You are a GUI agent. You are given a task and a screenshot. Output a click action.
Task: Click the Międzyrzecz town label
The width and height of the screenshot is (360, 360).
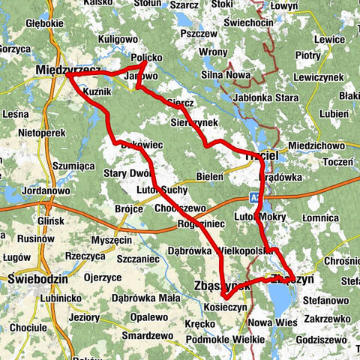[67, 70]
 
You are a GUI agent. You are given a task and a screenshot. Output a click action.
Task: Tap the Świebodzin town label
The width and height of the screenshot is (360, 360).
[33, 277]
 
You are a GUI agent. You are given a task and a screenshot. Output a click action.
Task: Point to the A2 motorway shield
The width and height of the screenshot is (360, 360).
[256, 197]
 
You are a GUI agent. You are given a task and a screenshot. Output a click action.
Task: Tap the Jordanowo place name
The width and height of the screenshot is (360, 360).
[28, 190]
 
